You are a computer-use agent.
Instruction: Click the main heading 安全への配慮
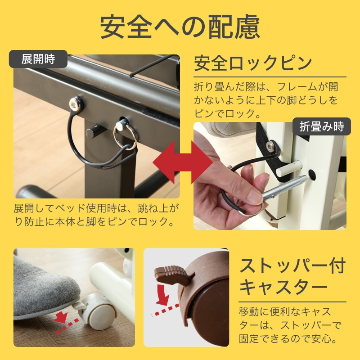[180, 27]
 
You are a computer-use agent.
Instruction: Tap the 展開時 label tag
[38, 59]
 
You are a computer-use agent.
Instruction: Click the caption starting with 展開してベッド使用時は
[97, 215]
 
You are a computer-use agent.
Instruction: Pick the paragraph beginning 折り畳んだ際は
[265, 99]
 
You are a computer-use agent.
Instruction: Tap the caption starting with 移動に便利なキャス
[290, 324]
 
